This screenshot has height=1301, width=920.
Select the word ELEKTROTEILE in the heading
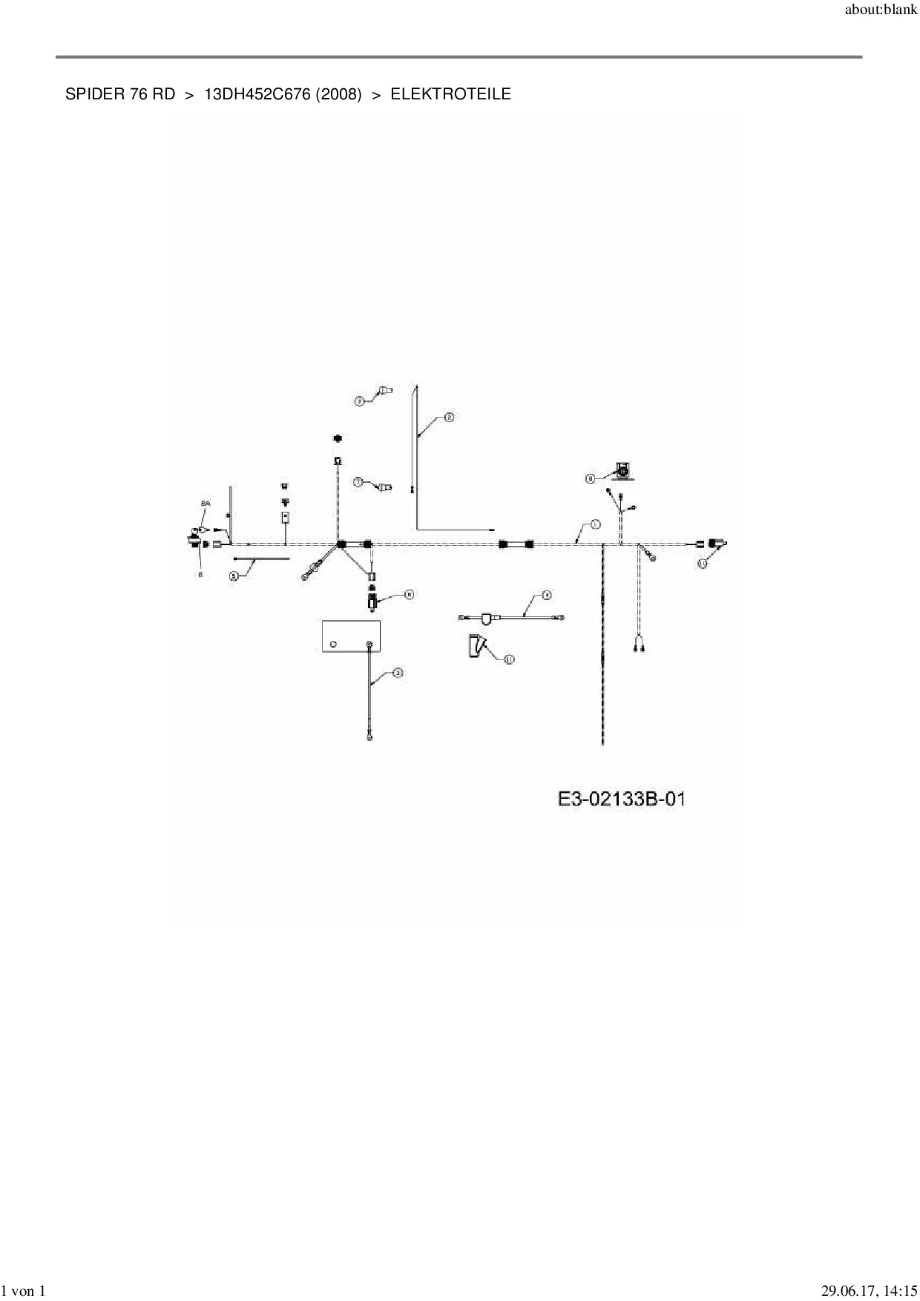pyautogui.click(x=450, y=94)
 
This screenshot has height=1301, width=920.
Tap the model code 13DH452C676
pyautogui.click(x=257, y=94)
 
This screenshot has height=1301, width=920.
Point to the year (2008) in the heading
pyautogui.click(x=338, y=94)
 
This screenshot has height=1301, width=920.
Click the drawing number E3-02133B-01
pyautogui.click(x=621, y=799)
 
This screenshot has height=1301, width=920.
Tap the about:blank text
pyautogui.click(x=881, y=10)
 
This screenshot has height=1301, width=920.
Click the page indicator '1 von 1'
pyautogui.click(x=24, y=1291)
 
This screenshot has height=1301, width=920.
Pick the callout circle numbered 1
pyautogui.click(x=595, y=524)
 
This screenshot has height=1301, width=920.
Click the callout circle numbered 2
pyautogui.click(x=448, y=418)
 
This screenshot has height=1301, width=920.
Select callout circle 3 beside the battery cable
pyautogui.click(x=398, y=673)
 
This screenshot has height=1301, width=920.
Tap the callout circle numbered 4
pyautogui.click(x=546, y=595)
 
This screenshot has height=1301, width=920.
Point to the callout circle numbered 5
pyautogui.click(x=234, y=575)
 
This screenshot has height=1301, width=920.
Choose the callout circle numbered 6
pyautogui.click(x=408, y=594)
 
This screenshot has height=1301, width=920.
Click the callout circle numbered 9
pyautogui.click(x=591, y=479)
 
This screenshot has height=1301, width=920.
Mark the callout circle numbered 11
pyautogui.click(x=509, y=659)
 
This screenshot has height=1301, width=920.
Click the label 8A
pyautogui.click(x=206, y=504)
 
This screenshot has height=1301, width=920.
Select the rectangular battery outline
pyautogui.click(x=351, y=636)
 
